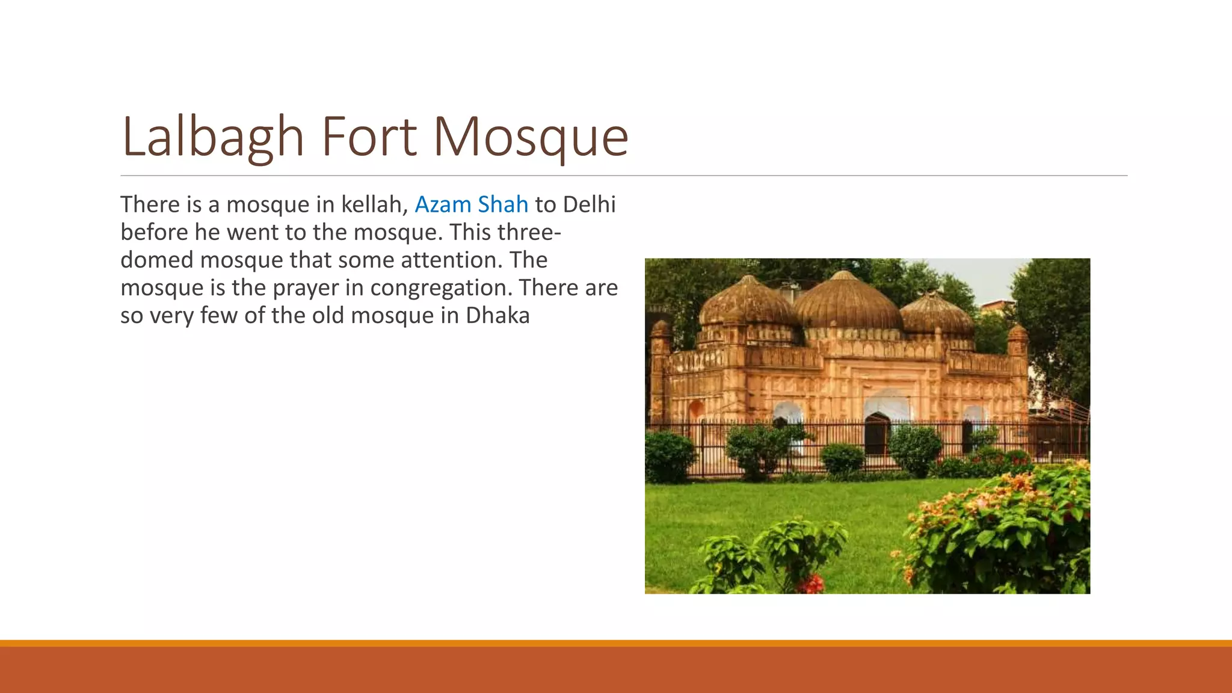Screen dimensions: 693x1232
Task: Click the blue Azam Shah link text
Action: click(x=471, y=205)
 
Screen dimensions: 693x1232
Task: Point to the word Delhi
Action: click(x=589, y=205)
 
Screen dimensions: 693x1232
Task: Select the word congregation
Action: click(x=441, y=288)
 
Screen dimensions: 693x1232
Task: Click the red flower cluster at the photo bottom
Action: click(x=812, y=582)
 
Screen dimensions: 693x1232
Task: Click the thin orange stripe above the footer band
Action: click(x=616, y=643)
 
